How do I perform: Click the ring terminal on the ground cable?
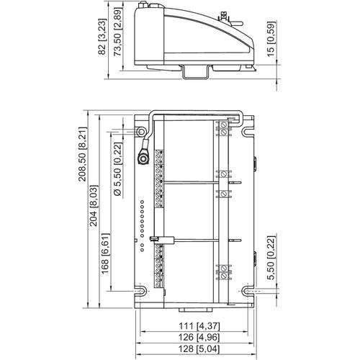click(143, 158)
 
